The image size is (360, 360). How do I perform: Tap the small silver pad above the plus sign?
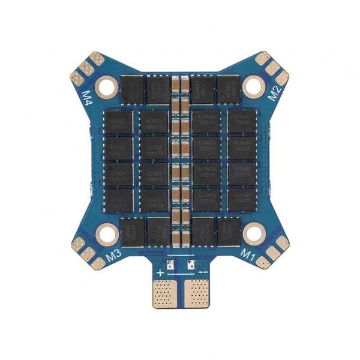coord(170,263)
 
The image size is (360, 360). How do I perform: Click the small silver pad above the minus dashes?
coord(191,263)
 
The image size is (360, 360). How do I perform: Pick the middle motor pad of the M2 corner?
coord(273,68)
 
